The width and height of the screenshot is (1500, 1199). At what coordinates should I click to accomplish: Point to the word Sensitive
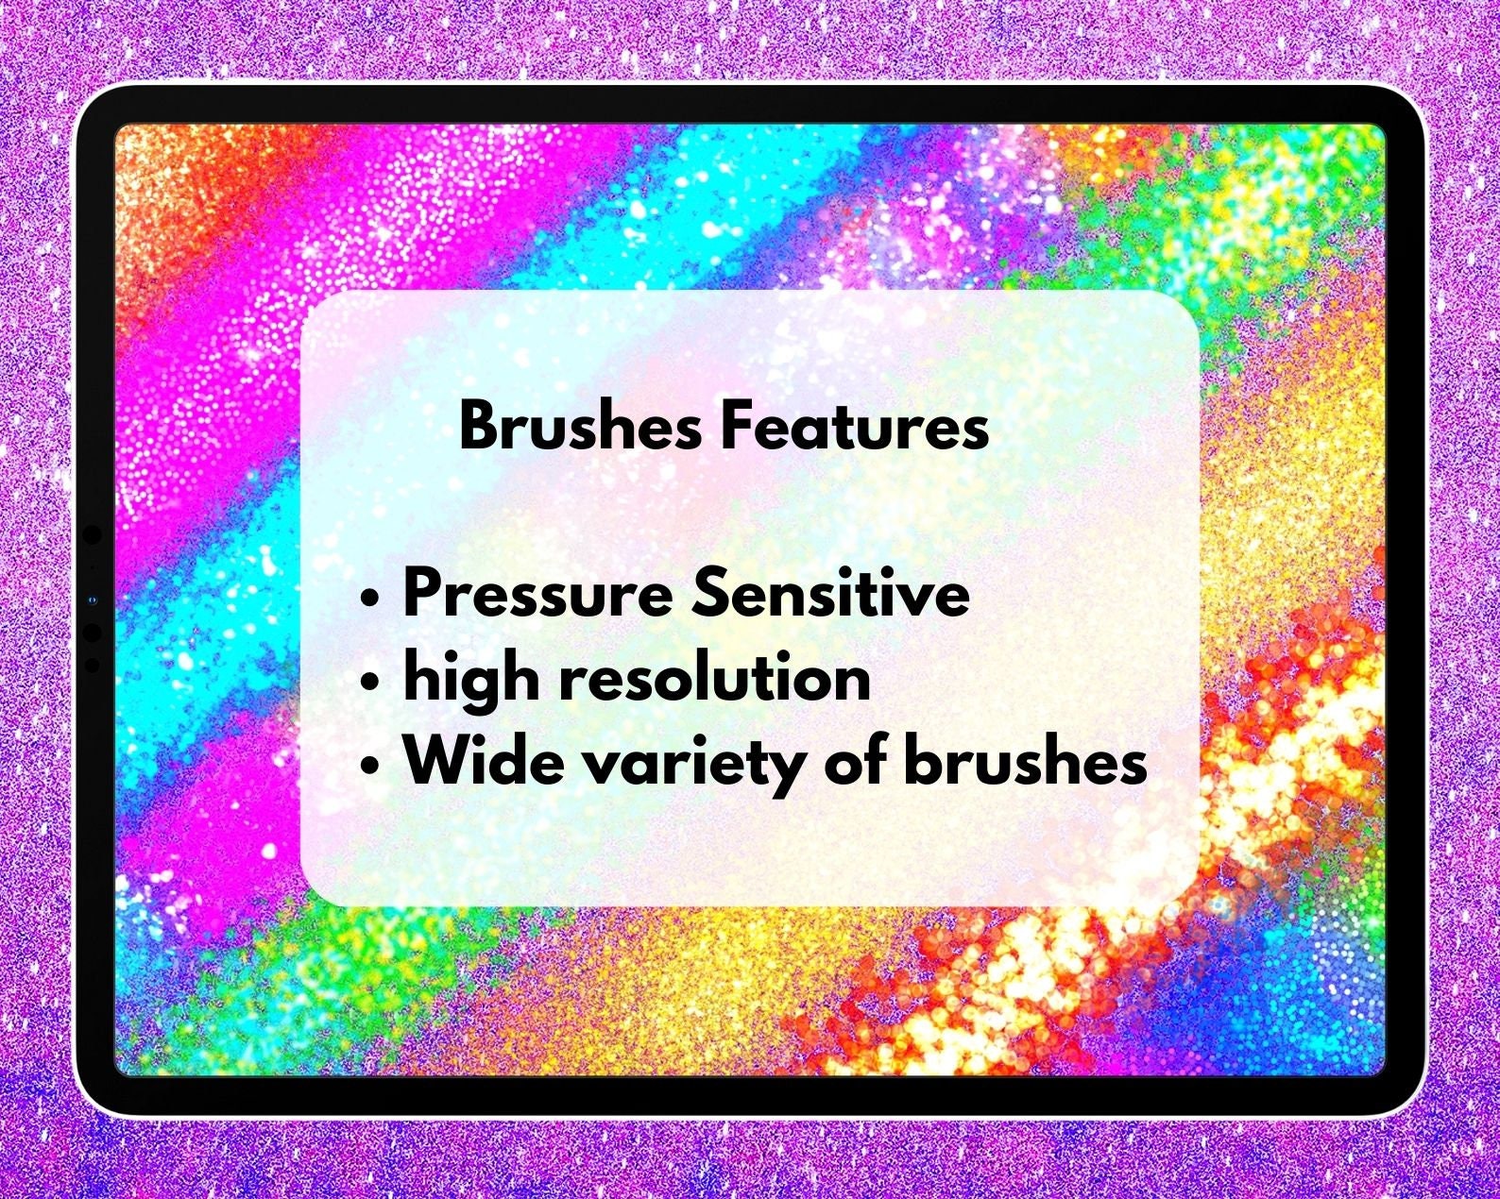831,595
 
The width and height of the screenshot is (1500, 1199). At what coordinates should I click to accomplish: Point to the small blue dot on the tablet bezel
92,600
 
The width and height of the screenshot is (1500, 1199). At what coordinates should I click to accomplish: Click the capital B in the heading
478,426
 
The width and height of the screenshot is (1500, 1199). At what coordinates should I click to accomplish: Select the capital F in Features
734,426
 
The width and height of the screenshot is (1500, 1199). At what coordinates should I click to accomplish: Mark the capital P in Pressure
422,595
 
